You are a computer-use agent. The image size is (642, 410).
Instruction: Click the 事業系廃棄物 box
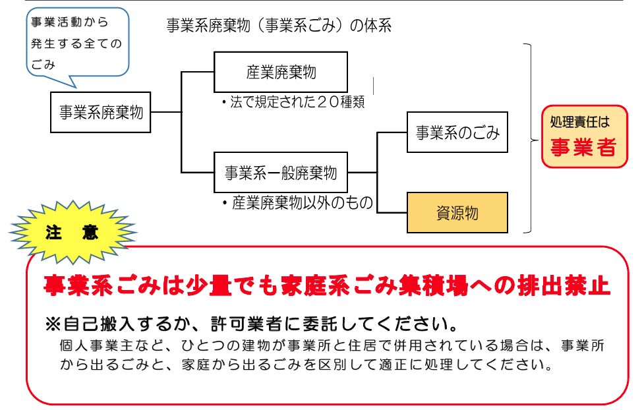(101, 112)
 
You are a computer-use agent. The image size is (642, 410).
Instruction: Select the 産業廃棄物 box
(281, 72)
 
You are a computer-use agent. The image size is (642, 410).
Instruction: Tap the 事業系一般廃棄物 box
(281, 173)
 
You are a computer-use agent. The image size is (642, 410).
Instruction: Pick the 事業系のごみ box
(457, 133)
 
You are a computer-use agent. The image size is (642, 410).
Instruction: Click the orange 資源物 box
(457, 213)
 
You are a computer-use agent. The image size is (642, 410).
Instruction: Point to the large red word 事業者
(584, 147)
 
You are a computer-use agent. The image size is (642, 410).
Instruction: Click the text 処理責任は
(581, 123)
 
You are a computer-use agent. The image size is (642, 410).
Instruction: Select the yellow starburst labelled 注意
(72, 232)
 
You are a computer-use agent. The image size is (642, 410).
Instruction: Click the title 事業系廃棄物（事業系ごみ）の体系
(279, 26)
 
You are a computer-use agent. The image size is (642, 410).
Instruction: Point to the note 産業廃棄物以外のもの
(298, 204)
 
